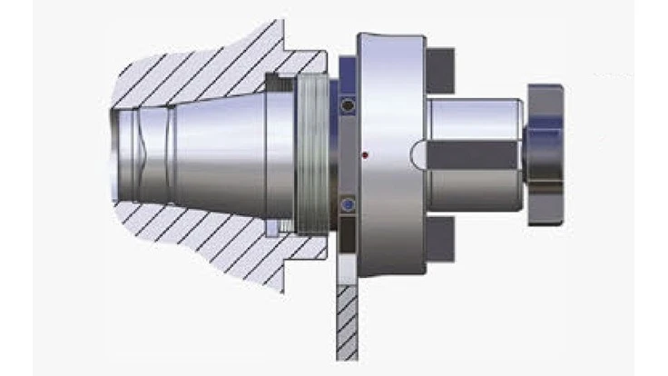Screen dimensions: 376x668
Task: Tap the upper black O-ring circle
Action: [x=348, y=107]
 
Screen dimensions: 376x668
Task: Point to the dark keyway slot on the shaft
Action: [x=467, y=153]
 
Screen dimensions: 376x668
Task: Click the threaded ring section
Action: [x=310, y=155]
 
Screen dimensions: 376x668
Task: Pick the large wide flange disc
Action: [x=390, y=153]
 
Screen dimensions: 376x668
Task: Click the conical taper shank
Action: [x=218, y=154]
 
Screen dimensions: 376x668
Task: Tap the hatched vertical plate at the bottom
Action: [x=347, y=318]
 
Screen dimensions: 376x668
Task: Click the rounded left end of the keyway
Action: [x=417, y=153]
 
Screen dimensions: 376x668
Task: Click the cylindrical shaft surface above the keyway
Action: [x=472, y=118]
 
